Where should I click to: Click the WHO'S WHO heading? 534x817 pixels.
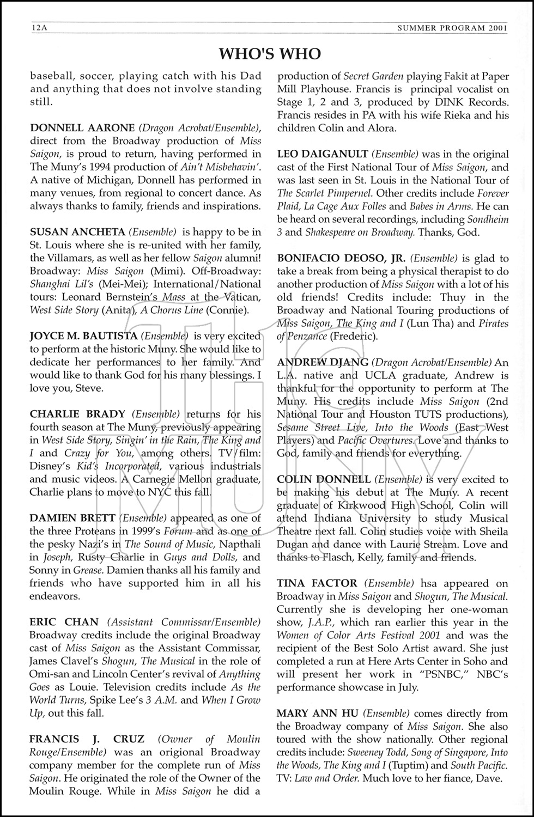point(269,53)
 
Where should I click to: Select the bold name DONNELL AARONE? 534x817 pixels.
point(82,128)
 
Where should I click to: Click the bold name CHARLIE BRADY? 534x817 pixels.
point(77,414)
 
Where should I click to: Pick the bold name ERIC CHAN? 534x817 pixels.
point(64,622)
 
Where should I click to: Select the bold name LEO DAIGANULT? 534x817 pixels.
point(324,154)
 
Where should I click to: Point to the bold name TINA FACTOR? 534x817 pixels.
point(317,583)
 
